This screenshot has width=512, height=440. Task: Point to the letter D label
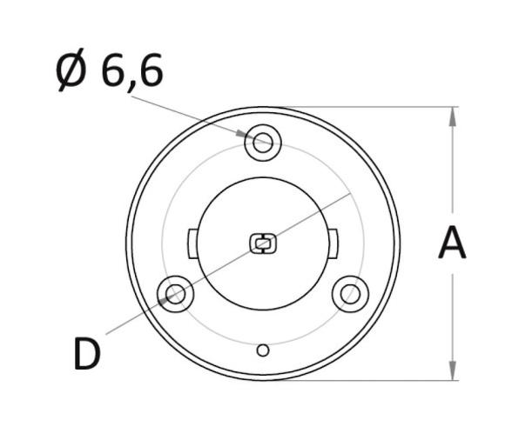87,355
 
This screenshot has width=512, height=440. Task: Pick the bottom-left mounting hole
174,294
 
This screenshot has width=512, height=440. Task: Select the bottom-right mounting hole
350,294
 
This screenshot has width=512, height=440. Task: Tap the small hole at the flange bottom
263,350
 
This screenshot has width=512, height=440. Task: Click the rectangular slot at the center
262,243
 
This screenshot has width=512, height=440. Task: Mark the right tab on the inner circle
333,241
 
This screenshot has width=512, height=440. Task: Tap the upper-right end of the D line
351,194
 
